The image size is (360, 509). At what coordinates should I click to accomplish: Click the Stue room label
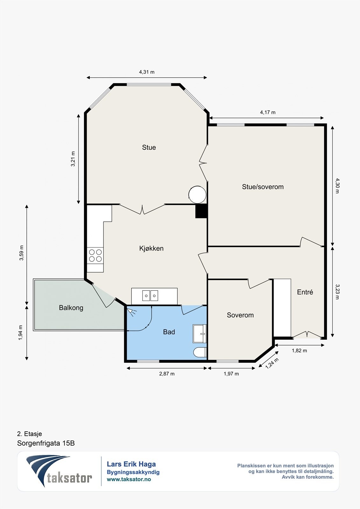pos(149,147)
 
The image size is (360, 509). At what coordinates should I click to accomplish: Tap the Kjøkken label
pos(151,248)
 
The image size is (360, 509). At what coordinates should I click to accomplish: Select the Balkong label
pos(71,308)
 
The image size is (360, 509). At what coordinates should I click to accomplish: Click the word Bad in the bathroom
pos(169,332)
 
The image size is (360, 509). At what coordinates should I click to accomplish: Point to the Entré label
pos(305,292)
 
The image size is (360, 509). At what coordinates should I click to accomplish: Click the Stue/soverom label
pos(263,187)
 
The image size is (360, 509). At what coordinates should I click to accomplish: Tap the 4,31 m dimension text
pos(147,72)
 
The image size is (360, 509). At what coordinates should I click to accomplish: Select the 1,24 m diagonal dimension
pos(272,363)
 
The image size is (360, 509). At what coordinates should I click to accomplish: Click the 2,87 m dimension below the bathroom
pos(167,374)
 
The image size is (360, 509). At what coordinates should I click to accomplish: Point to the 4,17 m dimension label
pos(268,112)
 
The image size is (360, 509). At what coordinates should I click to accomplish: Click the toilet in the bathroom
pos(200,352)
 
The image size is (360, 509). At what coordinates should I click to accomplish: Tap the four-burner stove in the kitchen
pos(95,255)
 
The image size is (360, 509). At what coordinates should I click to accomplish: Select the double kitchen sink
pos(150,296)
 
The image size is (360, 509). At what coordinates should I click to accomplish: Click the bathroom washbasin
pos(200,334)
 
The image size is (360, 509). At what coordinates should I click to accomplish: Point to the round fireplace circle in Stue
pos(197,194)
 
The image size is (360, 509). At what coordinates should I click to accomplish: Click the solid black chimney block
pos(201,211)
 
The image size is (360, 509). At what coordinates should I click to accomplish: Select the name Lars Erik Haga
pos(131,464)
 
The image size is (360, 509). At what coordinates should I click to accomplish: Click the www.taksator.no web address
pos(129,479)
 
